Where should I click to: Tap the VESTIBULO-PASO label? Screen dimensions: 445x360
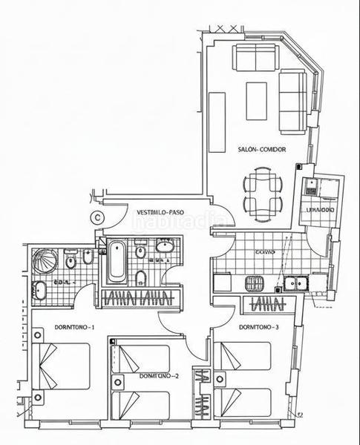click(160, 212)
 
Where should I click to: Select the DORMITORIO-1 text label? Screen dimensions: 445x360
click(73, 327)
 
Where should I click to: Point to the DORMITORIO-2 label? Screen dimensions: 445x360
click(159, 376)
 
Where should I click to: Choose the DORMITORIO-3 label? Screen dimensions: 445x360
click(259, 327)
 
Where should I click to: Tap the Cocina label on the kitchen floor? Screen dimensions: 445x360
click(265, 253)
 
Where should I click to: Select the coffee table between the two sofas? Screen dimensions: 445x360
click(256, 101)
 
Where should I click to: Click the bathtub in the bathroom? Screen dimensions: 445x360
click(117, 261)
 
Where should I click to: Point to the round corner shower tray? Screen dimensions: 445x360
click(45, 262)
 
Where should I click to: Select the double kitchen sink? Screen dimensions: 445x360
click(298, 283)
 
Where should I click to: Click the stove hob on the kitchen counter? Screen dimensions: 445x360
click(255, 283)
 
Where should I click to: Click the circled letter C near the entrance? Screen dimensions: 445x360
click(97, 217)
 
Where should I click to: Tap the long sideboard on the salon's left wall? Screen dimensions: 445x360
click(217, 122)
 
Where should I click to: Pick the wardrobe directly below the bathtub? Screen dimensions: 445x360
click(141, 298)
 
